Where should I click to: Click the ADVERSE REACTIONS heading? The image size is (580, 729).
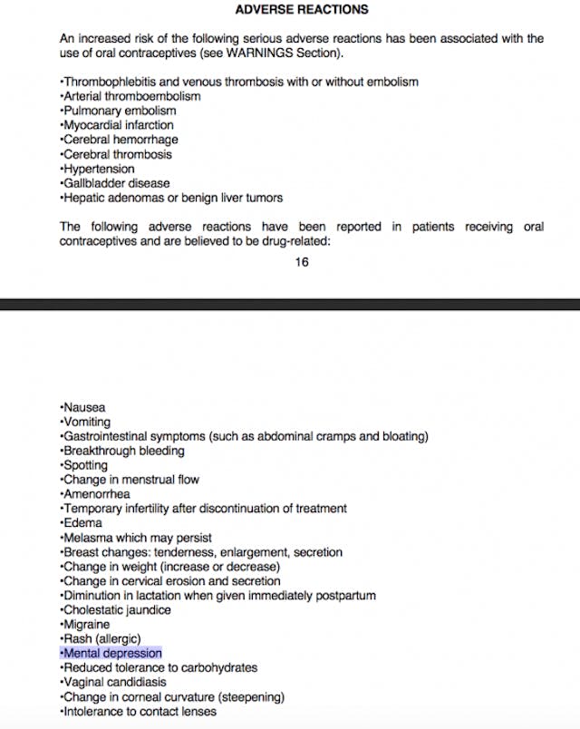pyautogui.click(x=301, y=9)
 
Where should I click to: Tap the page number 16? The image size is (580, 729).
pyautogui.click(x=302, y=262)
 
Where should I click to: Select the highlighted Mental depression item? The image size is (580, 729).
pyautogui.click(x=111, y=653)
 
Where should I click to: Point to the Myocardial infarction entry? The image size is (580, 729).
pyautogui.click(x=118, y=125)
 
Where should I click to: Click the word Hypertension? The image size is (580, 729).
pyautogui.click(x=99, y=169)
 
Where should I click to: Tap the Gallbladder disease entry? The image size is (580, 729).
pyautogui.click(x=115, y=183)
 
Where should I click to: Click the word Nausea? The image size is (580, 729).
pyautogui.click(x=84, y=407)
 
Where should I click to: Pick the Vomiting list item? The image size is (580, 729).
pyautogui.click(x=87, y=422)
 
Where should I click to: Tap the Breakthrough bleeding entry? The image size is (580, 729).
pyautogui.click(x=123, y=451)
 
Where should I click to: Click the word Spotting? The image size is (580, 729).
pyautogui.click(x=85, y=465)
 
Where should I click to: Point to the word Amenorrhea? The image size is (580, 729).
pyautogui.click(x=96, y=494)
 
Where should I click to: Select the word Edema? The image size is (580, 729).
pyautogui.click(x=82, y=523)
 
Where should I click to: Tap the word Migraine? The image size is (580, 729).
pyautogui.click(x=86, y=625)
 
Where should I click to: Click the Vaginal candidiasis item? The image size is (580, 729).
pyautogui.click(x=114, y=682)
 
